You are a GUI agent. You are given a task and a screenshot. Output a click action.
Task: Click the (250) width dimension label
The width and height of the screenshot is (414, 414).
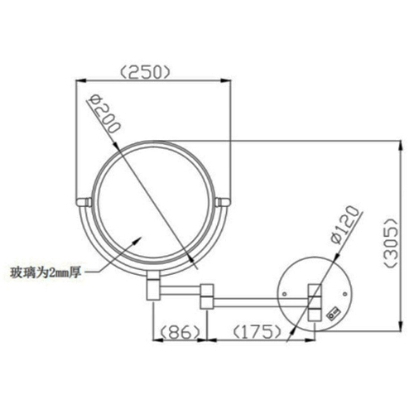pyautogui.click(x=146, y=71)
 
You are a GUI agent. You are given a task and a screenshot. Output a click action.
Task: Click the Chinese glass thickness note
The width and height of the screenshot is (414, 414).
pyautogui.click(x=45, y=271)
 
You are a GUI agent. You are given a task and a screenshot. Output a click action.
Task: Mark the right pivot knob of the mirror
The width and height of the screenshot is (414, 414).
pyautogui.click(x=224, y=200)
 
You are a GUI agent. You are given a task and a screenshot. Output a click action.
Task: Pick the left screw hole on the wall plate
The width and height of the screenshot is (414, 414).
pyautogui.click(x=284, y=294)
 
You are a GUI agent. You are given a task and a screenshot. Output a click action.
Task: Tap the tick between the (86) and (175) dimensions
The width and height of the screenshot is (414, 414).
pyautogui.click(x=207, y=340)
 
